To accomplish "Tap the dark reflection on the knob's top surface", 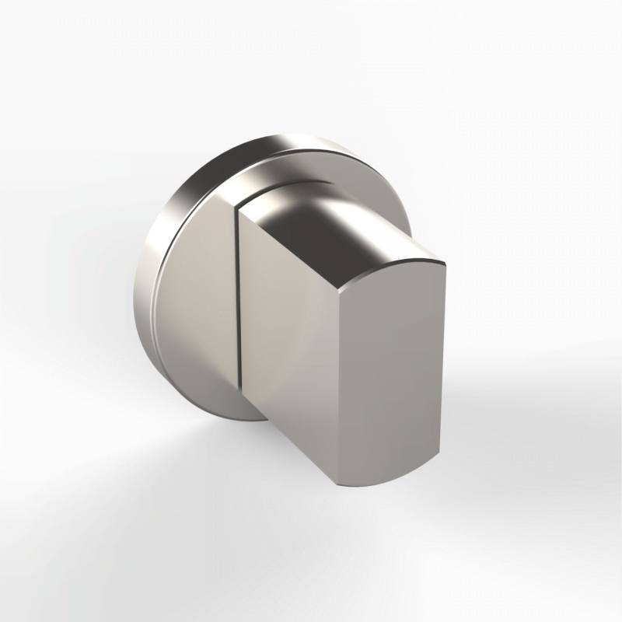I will tap(311, 222).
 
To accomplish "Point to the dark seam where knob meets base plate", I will tap(236, 311).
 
